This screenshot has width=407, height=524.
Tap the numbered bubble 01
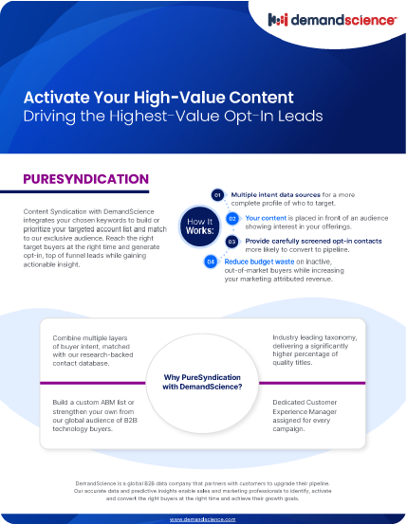tap(217, 195)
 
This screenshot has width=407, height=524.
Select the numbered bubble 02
tap(232, 217)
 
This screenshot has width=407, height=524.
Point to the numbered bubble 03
tap(231, 242)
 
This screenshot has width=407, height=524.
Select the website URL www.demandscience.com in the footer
tap(203, 519)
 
